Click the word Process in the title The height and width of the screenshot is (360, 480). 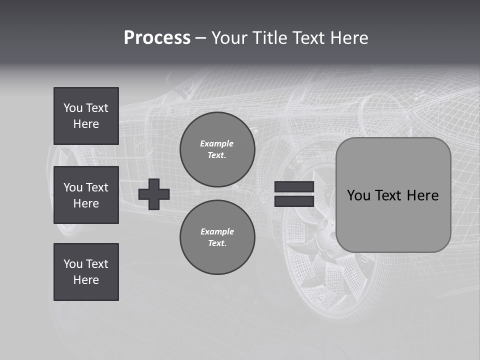pyautogui.click(x=157, y=38)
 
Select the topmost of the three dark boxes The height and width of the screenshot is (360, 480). pyautogui.click(x=86, y=116)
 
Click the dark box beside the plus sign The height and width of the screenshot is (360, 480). pyautogui.click(x=86, y=195)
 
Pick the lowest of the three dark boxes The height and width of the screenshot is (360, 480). pyautogui.click(x=86, y=272)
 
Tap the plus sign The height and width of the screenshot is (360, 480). pyautogui.click(x=154, y=194)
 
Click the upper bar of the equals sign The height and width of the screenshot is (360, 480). pyautogui.click(x=294, y=186)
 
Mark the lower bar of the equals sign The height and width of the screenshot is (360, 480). pyautogui.click(x=294, y=201)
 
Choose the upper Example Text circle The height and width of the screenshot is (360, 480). pyautogui.click(x=217, y=149)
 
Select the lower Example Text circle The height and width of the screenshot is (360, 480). pyautogui.click(x=217, y=237)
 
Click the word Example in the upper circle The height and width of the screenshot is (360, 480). pyautogui.click(x=217, y=143)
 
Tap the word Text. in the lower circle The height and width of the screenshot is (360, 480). pyautogui.click(x=217, y=243)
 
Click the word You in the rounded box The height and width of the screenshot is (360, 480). pyautogui.click(x=359, y=195)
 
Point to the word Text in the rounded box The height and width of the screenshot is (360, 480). pyautogui.click(x=390, y=195)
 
